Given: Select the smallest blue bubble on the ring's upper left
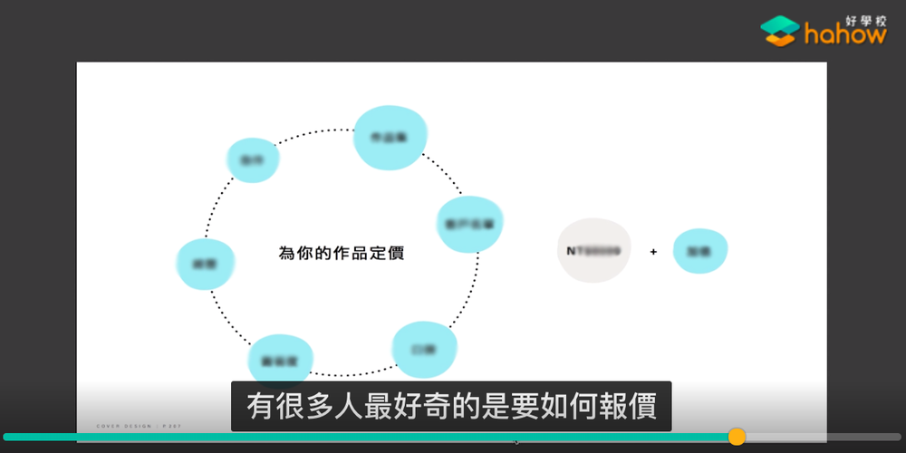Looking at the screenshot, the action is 252,159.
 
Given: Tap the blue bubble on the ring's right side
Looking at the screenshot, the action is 469,223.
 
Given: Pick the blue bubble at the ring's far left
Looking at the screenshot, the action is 206,264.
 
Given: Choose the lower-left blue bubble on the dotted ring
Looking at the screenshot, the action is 280,359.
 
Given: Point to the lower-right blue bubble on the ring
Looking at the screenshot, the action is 423,349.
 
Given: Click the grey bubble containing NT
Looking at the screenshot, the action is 593,250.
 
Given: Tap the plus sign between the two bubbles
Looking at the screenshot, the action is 653,253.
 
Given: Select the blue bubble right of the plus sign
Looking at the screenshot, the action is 699,251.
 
